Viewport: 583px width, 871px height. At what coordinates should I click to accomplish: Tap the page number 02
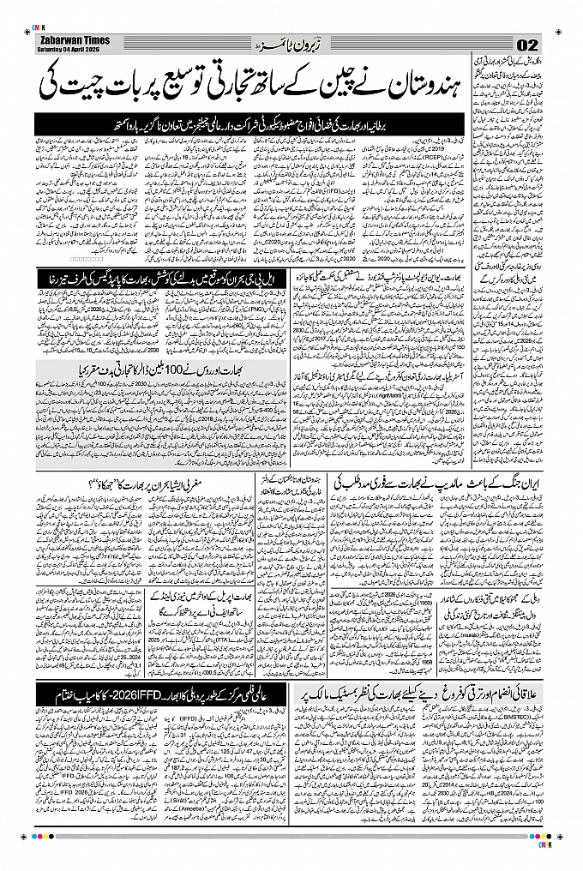click(526, 45)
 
